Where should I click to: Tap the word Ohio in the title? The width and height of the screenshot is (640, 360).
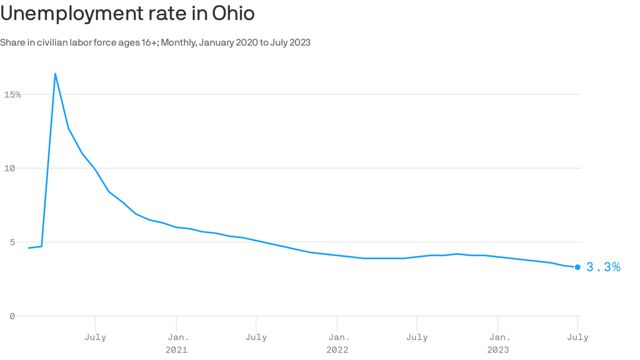coord(233,14)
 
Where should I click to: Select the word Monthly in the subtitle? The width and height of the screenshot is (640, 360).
coord(179,43)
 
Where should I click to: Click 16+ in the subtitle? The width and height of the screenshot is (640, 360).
coord(149,43)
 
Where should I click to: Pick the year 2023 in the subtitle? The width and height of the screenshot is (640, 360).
coord(299,43)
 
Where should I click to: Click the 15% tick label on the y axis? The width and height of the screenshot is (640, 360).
coord(13,95)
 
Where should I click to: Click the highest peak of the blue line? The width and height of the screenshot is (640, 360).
coord(55,74)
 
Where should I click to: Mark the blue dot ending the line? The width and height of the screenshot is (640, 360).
coord(578,267)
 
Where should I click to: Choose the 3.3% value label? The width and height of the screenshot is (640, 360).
coord(603,267)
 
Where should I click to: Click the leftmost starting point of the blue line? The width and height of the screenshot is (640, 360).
coord(29,248)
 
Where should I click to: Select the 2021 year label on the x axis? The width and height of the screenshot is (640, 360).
coord(176,350)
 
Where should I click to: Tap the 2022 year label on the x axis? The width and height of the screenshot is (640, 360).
coord(337,350)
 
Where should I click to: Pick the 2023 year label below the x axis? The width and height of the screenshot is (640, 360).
coord(498,350)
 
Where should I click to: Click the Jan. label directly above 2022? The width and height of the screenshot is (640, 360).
coord(337,337)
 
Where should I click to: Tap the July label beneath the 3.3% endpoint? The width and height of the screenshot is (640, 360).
coord(578,337)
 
